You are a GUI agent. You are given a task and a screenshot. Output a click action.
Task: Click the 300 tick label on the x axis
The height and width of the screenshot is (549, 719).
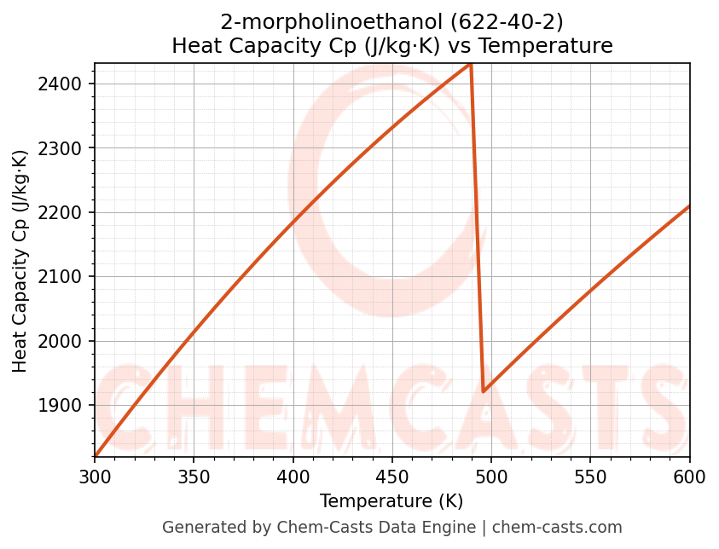pyautogui.click(x=95, y=477)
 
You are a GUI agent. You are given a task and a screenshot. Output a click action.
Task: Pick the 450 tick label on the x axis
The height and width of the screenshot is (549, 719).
pyautogui.click(x=392, y=477)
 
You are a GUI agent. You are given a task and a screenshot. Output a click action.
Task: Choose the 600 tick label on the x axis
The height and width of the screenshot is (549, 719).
pyautogui.click(x=689, y=477)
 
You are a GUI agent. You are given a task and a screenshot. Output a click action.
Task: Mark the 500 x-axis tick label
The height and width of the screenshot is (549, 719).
pyautogui.click(x=491, y=477)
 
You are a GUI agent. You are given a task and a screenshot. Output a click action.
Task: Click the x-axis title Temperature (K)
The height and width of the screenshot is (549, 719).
pyautogui.click(x=391, y=501)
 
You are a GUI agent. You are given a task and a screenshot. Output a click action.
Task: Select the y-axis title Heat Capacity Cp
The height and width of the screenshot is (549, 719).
pyautogui.click(x=20, y=261)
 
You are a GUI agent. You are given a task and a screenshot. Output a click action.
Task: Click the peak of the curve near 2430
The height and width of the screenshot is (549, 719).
pyautogui.click(x=470, y=64)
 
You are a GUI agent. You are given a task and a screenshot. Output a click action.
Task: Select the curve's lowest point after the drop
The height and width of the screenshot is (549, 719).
pyautogui.click(x=484, y=391)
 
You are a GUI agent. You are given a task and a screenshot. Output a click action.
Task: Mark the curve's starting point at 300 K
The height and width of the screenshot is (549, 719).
pyautogui.click(x=96, y=456)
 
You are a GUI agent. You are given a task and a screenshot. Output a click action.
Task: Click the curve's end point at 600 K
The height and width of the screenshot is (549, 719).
pyautogui.click(x=689, y=206)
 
